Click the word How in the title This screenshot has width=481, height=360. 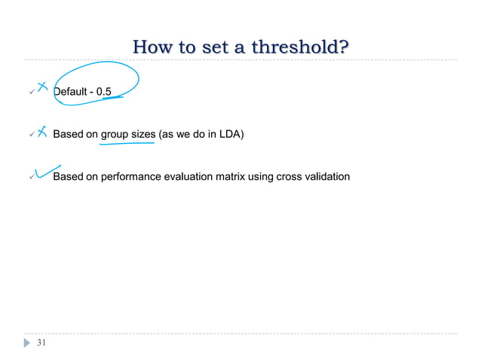tap(151, 49)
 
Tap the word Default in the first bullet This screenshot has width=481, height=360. tap(72, 92)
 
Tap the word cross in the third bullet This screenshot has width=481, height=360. tap(290, 177)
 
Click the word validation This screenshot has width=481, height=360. tap(328, 177)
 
